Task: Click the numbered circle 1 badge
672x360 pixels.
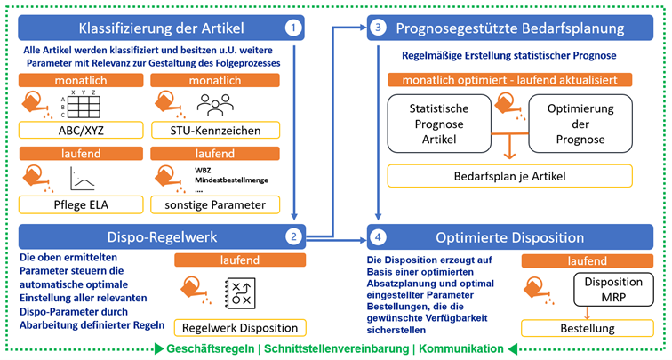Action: click(292, 28)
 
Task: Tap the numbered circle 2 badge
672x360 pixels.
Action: click(292, 237)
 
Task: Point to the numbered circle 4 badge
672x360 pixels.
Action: click(380, 237)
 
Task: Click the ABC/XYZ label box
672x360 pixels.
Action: click(80, 132)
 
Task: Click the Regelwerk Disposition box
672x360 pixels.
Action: click(240, 328)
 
